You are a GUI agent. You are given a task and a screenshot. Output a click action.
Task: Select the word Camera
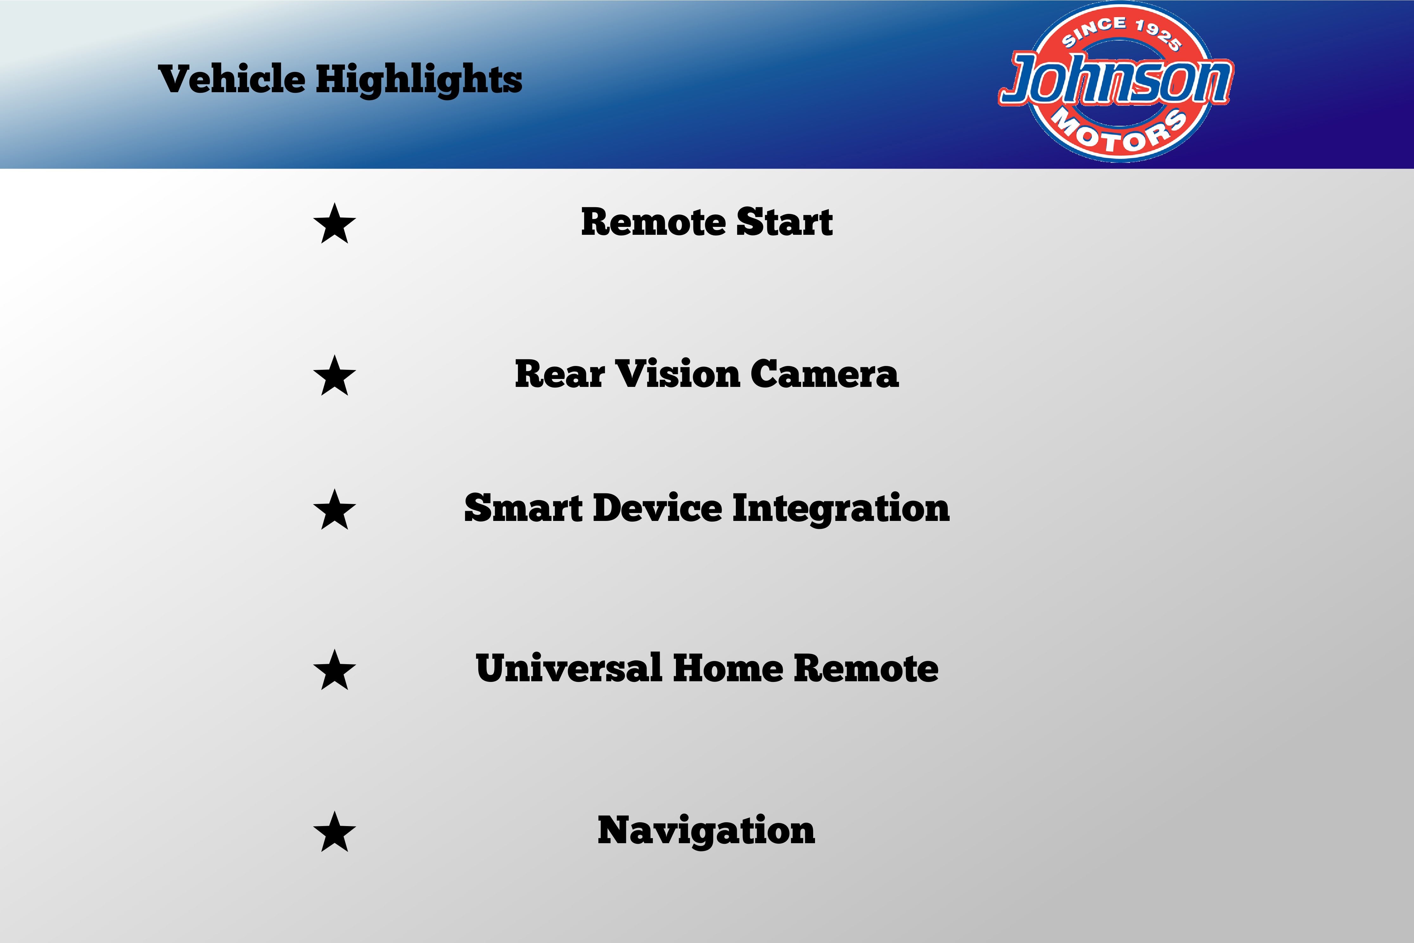825,374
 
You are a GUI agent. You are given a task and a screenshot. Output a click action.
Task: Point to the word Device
658,508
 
